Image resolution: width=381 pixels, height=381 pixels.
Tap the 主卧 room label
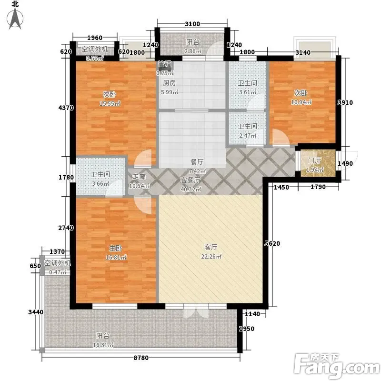115,248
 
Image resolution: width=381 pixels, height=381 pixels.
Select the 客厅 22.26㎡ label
211,252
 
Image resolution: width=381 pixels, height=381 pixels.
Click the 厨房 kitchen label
170,83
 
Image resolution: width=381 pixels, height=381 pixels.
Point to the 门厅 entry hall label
315,160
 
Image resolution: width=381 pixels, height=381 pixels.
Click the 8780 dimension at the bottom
141,358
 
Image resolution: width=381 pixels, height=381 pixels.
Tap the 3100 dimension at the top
192,24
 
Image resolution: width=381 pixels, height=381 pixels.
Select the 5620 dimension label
272,243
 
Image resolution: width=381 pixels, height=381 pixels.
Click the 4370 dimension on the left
66,108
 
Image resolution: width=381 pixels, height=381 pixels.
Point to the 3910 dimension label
345,102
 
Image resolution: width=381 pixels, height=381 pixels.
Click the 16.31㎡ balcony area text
103,345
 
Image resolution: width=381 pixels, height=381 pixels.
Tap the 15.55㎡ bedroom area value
110,103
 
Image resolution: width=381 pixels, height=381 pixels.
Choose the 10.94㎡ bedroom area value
301,102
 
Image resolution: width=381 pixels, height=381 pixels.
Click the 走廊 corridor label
139,177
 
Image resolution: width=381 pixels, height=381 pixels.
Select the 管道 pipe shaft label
165,64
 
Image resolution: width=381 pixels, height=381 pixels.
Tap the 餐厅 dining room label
197,162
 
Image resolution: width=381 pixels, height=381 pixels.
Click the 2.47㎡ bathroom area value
248,135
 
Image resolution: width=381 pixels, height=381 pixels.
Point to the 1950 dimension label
247,329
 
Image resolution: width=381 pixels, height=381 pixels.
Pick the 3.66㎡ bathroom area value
100,183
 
